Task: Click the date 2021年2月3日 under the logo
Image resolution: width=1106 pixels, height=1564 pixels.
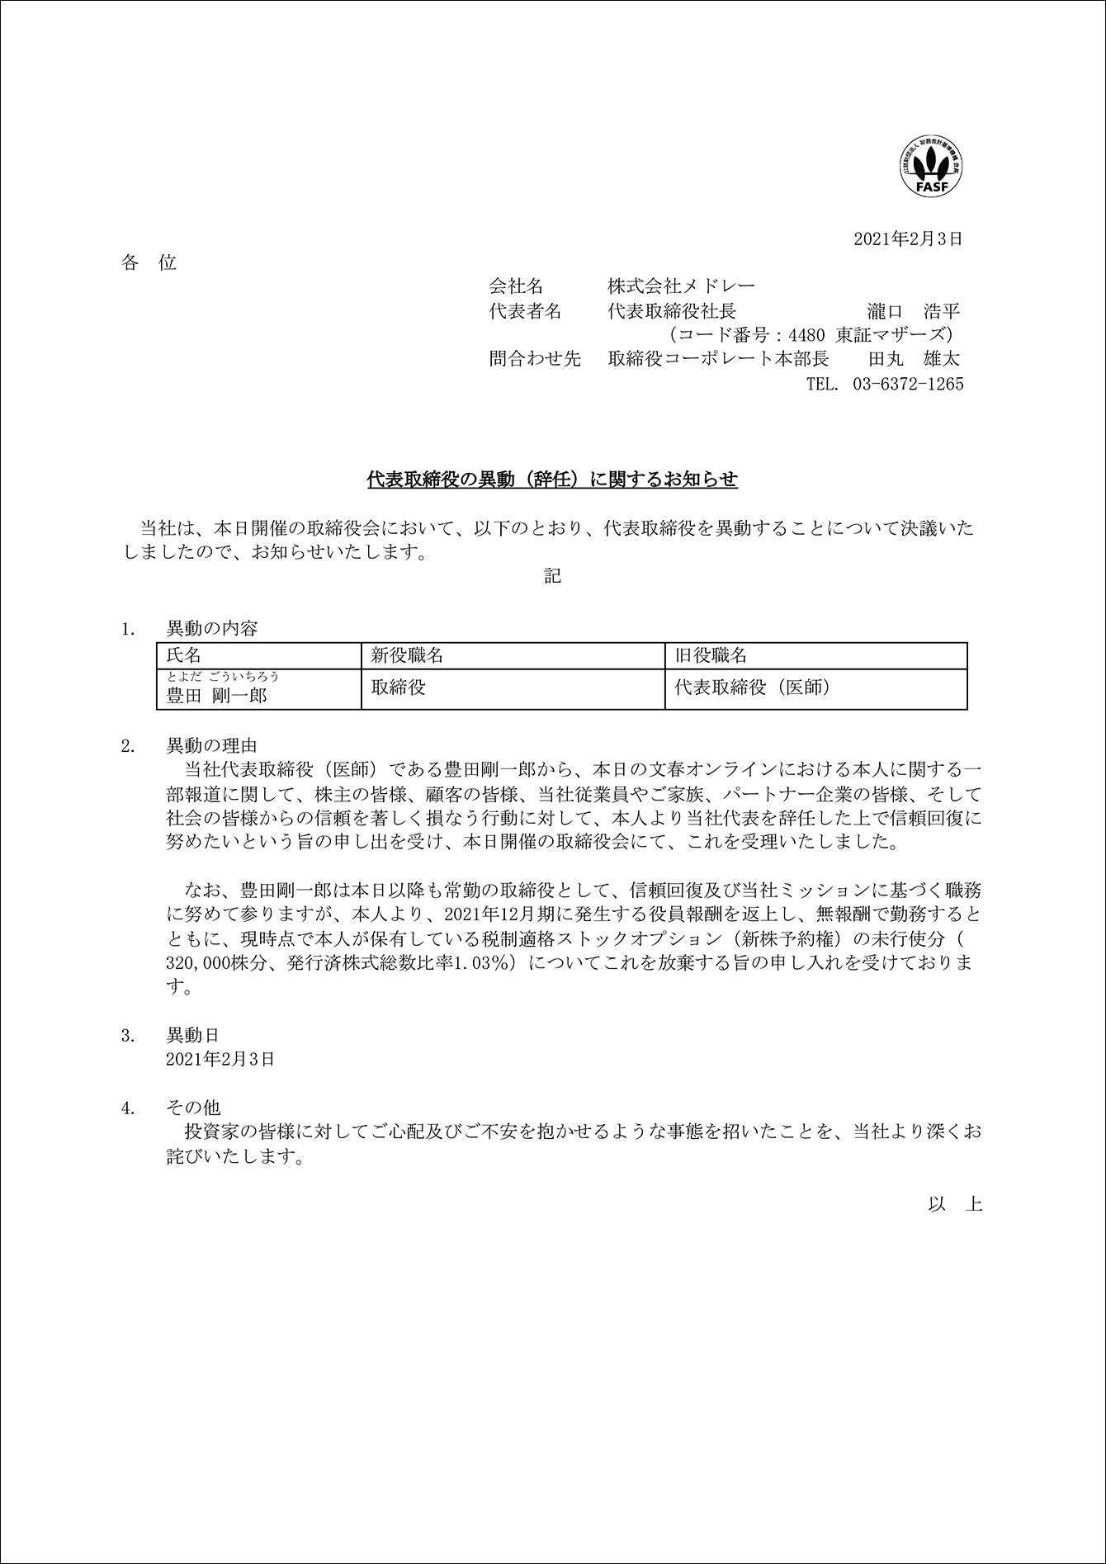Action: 908,239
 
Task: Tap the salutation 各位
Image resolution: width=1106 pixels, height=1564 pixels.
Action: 149,263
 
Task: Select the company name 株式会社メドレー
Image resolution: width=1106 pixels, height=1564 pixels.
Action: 681,286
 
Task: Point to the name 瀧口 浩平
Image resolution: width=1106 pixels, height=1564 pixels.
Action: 914,311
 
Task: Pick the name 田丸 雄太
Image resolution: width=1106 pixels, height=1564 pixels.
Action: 914,359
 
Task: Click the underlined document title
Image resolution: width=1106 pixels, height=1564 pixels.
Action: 552,480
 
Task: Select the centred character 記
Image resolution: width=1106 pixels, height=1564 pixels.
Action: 552,576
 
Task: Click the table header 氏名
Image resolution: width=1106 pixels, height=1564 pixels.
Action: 184,655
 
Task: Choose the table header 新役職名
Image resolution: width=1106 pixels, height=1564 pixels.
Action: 407,655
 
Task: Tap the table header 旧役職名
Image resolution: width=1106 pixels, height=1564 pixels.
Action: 711,655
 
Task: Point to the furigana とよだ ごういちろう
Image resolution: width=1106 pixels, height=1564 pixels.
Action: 223,677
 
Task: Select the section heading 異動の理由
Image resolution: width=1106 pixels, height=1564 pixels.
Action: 212,746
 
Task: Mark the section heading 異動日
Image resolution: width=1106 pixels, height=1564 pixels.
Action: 193,1035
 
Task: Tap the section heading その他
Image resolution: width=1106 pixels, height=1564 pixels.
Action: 193,1108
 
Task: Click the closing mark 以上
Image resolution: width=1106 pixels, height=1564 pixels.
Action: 955,1204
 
